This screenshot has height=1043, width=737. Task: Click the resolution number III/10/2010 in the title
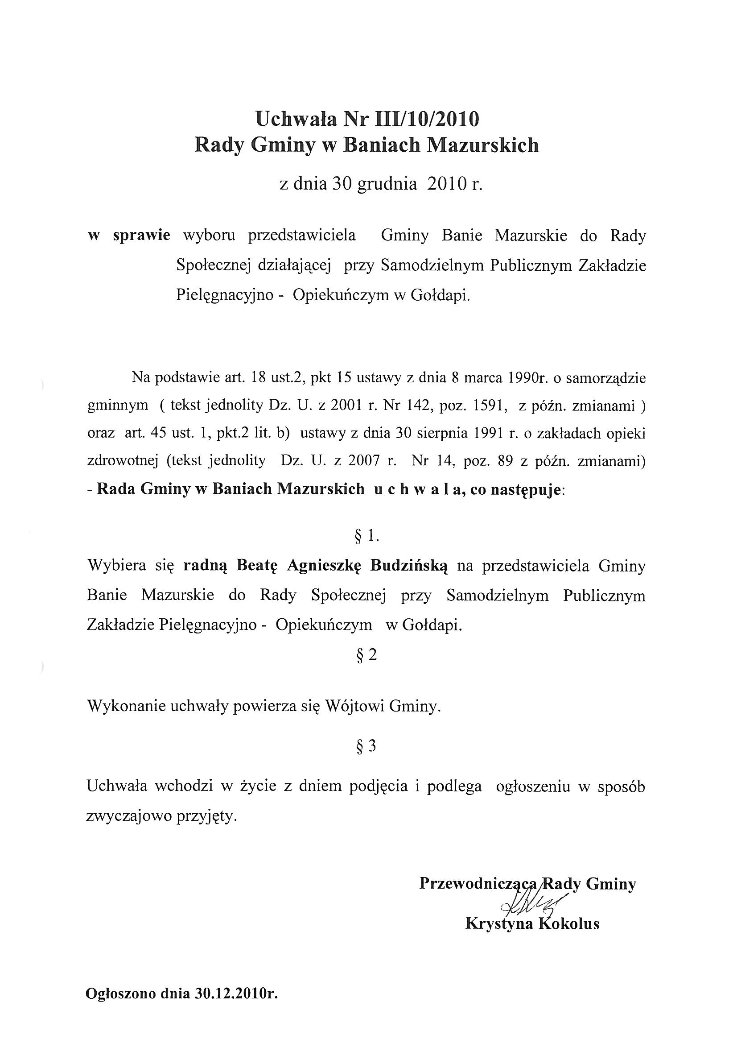pyautogui.click(x=425, y=120)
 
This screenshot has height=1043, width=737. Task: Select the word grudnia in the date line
pyautogui.click(x=387, y=184)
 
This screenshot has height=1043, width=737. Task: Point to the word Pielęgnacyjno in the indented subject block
pyautogui.click(x=224, y=296)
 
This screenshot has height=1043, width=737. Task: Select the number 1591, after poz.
pyautogui.click(x=490, y=406)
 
